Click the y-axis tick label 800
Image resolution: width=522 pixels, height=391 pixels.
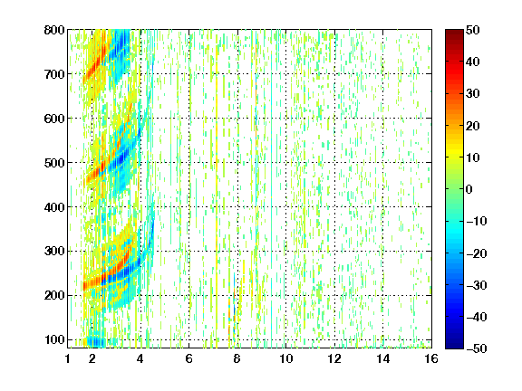54,30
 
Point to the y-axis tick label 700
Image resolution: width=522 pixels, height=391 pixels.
54,74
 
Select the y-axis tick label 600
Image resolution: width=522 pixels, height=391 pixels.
54,119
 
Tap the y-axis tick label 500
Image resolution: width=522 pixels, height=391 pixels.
54,163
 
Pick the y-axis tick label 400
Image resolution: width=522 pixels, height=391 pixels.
54,207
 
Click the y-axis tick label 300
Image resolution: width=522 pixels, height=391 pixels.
54,251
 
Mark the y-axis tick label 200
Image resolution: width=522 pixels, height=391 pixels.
54,295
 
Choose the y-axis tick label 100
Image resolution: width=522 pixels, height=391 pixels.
54,339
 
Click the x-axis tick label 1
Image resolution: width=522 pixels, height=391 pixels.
68,358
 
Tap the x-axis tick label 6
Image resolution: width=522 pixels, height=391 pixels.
189,358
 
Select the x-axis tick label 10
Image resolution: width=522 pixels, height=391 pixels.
286,358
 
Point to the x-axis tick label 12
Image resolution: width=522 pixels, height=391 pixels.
334,358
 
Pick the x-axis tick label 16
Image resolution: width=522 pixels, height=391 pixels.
431,358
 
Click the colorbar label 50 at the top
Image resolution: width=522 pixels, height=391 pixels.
473,30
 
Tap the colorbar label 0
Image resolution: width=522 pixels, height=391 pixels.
469,189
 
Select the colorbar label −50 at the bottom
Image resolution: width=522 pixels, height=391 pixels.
477,348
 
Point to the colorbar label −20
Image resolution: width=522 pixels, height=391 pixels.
477,253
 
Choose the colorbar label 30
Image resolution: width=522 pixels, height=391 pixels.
473,94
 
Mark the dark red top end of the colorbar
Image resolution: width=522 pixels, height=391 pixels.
454,33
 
